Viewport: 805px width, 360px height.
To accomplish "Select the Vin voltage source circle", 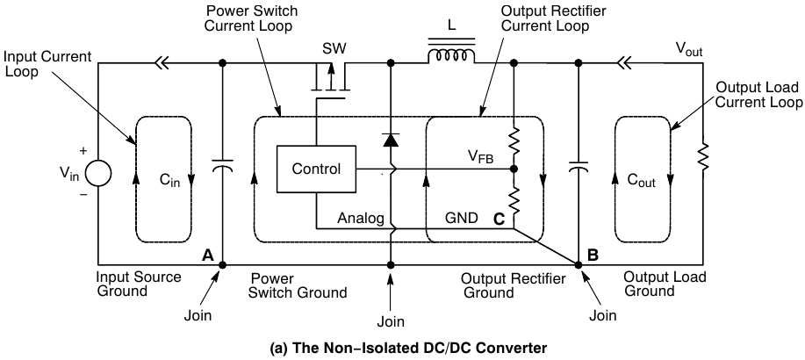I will click(97, 169).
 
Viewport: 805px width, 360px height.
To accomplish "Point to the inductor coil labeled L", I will click(450, 58).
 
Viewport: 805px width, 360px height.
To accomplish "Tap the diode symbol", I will click(390, 138).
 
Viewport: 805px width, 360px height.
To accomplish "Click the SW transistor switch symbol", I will click(331, 80).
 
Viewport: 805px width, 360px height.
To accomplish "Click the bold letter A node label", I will click(208, 255).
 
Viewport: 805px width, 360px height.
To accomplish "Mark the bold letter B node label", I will click(593, 256).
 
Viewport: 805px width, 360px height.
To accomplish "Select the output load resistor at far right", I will click(703, 158).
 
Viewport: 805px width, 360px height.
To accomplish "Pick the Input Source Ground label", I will click(138, 283).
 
